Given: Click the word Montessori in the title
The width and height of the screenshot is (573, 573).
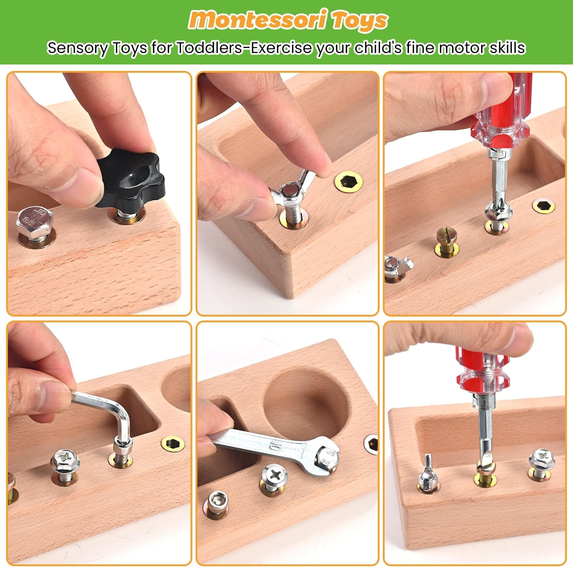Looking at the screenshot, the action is tap(257, 20).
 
